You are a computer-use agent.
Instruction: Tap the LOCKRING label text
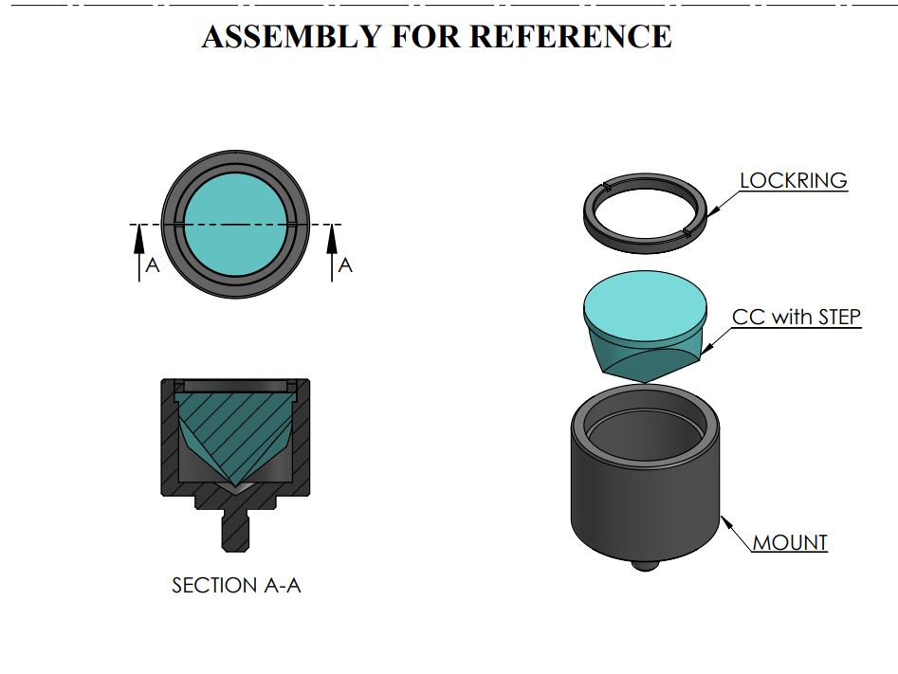pyautogui.click(x=793, y=180)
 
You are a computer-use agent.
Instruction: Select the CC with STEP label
pyautogui.click(x=797, y=317)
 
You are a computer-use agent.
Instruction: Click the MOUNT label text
pyautogui.click(x=790, y=543)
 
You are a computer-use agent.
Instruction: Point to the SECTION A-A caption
pyautogui.click(x=236, y=586)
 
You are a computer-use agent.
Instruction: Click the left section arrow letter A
pyautogui.click(x=153, y=266)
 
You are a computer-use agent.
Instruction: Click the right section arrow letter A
pyautogui.click(x=345, y=266)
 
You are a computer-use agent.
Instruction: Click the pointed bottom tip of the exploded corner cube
pyautogui.click(x=644, y=381)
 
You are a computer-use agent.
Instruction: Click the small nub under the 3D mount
pyautogui.click(x=644, y=566)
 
